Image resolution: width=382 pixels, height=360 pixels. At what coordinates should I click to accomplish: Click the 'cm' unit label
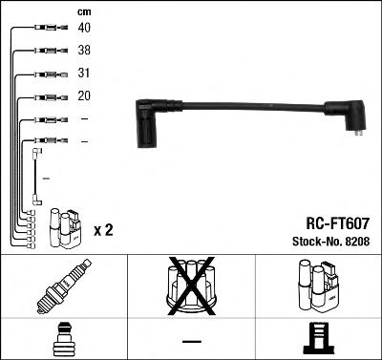(84, 11)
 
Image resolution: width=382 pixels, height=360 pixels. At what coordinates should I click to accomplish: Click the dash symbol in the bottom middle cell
(190, 340)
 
